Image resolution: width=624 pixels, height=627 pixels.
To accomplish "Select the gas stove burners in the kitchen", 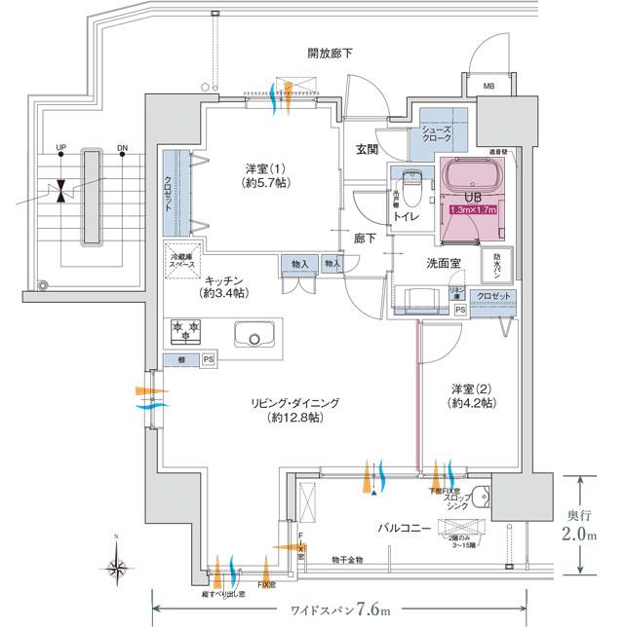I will coord(187,333).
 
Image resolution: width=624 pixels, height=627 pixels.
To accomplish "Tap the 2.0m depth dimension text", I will coord(593,535).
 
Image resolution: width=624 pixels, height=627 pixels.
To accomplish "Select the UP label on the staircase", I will coord(62,149).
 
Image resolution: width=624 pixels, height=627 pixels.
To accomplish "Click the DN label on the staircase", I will coord(122,149).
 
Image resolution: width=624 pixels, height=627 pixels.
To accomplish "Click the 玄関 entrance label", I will coord(367,149).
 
